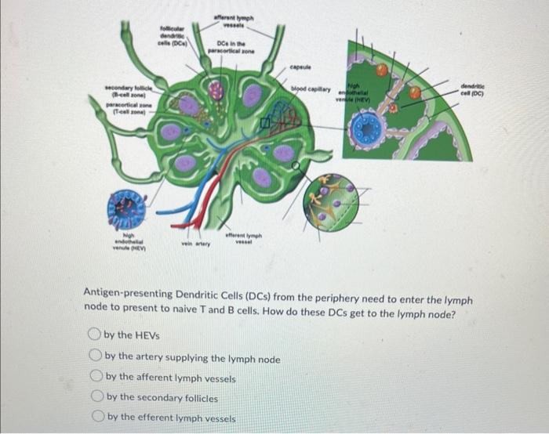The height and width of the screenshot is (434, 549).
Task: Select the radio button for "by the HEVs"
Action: [96, 335]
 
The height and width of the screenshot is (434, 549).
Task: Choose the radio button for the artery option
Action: [96, 358]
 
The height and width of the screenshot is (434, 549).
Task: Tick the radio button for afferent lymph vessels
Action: [96, 378]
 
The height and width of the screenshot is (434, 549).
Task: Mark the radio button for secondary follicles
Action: [96, 397]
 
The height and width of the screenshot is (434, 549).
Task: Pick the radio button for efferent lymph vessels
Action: [96, 417]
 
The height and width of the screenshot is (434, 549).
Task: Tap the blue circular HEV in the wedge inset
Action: [365, 128]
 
